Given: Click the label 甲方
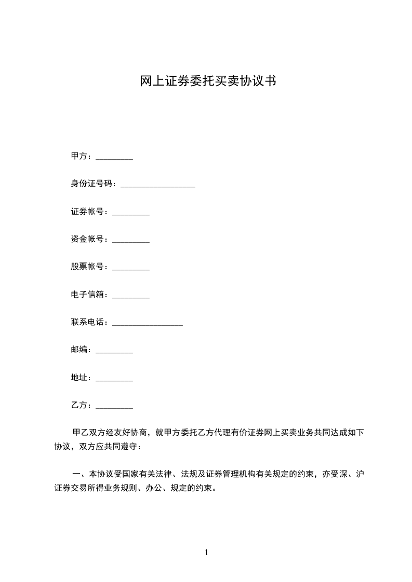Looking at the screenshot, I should [x=81, y=156].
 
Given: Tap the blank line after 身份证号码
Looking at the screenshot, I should [x=157, y=185].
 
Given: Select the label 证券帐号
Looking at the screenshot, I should [x=89, y=212].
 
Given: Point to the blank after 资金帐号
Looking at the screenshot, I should [x=131, y=240].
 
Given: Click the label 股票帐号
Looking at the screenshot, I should [x=89, y=267].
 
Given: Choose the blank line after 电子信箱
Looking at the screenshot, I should [x=131, y=296].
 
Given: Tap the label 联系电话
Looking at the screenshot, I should [x=89, y=322].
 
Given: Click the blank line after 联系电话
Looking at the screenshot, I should [x=148, y=324].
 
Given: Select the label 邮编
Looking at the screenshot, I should [x=81, y=350].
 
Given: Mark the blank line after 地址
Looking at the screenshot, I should [x=114, y=379].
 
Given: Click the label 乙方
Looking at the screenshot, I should [x=81, y=405].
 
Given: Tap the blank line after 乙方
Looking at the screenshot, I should [x=114, y=407].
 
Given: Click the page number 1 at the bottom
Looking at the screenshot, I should [x=206, y=552].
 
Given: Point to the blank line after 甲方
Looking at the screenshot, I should [x=114, y=158].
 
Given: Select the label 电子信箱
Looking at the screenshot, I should [x=89, y=295].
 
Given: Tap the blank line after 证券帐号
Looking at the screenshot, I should [x=131, y=213].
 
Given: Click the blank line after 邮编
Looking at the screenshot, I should [x=114, y=351].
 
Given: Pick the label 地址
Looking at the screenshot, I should [x=81, y=378].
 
